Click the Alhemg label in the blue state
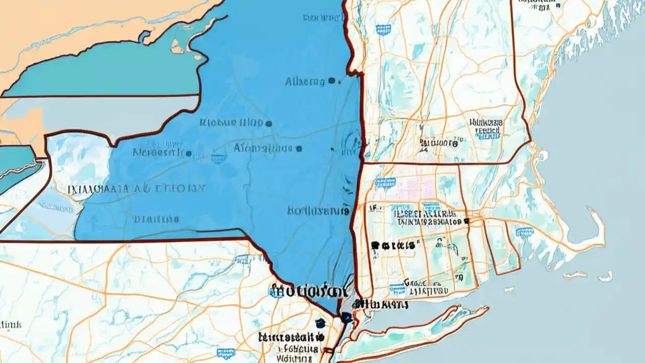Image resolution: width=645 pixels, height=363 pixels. coord(305,82)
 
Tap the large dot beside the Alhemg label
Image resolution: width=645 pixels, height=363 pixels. coord(331,80)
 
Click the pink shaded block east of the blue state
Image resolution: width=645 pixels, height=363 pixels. coord(403,189)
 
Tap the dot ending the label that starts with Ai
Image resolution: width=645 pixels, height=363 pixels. coord(299,149)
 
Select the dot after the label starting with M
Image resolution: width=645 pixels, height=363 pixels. coord(188,153)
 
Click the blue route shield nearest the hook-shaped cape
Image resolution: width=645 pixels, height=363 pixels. coord(524,231)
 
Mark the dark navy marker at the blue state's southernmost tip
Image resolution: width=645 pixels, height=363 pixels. coord(345,317)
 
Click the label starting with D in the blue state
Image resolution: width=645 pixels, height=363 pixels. coord(156,219)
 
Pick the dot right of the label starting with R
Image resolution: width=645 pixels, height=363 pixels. coord(269,123)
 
